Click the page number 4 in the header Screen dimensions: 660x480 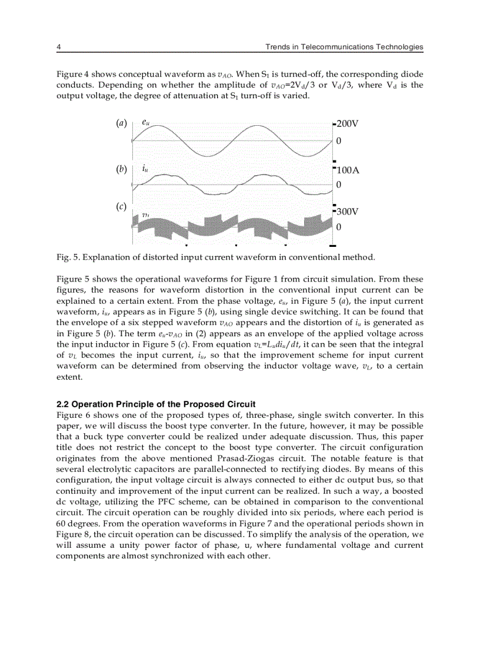(58, 47)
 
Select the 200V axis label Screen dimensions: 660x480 (347, 124)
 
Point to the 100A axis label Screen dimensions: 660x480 (347, 170)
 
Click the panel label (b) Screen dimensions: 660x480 (121, 169)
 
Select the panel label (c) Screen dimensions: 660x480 (121, 206)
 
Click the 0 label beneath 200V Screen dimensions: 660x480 (338, 141)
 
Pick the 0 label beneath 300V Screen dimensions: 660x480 (338, 227)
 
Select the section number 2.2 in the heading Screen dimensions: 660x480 (62, 404)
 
